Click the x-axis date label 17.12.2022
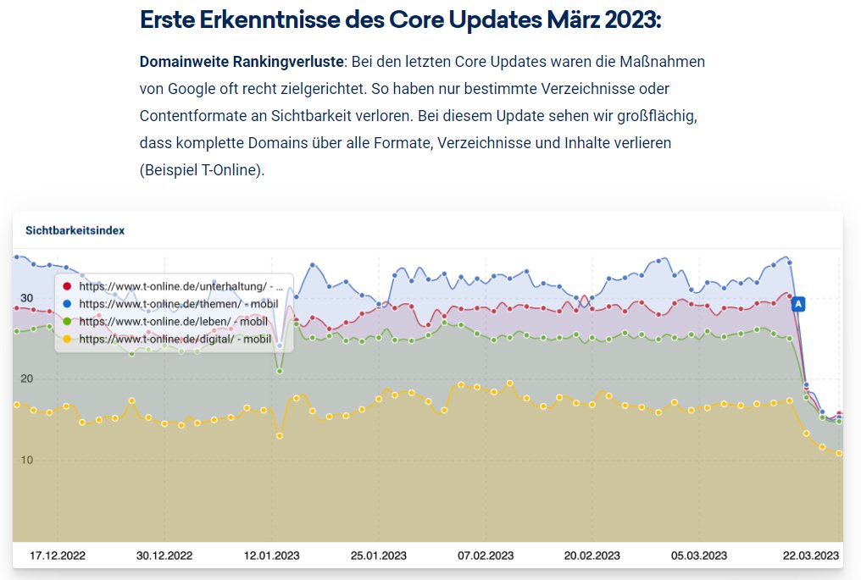coord(58,555)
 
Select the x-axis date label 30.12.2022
coord(164,555)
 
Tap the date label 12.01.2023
coord(272,555)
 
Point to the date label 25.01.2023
coord(379,555)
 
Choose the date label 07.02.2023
coord(486,555)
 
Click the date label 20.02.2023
coord(592,555)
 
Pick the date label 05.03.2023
coord(700,555)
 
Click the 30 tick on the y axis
coord(26,298)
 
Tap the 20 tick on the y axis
coord(26,379)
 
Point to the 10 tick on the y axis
coord(26,461)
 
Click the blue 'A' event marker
coord(797,303)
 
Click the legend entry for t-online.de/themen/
coord(178,304)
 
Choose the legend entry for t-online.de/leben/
coord(173,322)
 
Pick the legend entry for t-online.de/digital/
coord(175,340)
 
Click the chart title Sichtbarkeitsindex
coord(75,229)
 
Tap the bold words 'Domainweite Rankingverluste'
coord(242,63)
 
